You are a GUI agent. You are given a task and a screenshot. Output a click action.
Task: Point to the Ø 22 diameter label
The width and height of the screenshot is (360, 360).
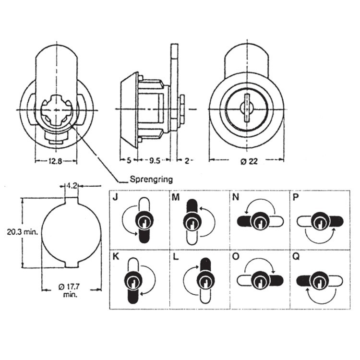(x=248, y=161)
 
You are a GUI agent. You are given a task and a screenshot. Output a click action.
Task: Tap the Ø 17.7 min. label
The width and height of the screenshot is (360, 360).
(x=72, y=290)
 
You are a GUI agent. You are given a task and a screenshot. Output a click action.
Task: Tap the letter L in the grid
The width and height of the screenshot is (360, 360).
(x=176, y=256)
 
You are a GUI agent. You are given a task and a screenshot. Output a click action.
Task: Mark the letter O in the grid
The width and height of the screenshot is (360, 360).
(x=235, y=256)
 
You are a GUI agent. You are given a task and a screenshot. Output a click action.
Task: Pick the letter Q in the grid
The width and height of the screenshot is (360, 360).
(x=295, y=256)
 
